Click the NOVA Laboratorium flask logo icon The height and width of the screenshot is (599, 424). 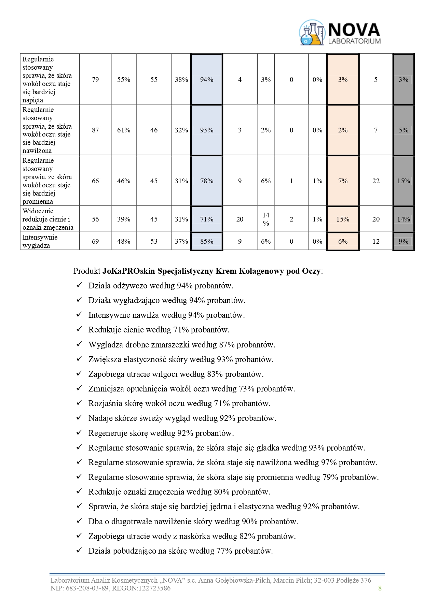coord(312,33)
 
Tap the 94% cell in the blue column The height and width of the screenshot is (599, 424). coord(207,80)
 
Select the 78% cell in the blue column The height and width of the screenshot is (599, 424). coord(207,181)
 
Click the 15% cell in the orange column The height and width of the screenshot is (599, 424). coord(343,219)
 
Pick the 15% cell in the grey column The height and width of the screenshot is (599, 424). coord(404,181)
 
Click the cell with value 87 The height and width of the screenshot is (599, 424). coord(95,130)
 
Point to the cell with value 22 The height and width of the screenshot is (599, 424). coord(376,181)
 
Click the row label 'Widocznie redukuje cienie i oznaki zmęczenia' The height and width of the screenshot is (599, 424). coord(48,219)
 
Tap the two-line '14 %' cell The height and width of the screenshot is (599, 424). coord(266,219)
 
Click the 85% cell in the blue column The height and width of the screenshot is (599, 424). coord(207,241)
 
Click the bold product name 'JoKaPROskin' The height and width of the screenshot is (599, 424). coord(129,271)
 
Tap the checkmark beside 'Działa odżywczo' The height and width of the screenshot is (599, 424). coord(79,285)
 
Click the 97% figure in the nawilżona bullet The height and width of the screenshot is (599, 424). coord(329,462)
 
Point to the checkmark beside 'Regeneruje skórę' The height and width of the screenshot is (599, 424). coord(79,432)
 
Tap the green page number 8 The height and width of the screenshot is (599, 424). coord(380,588)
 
